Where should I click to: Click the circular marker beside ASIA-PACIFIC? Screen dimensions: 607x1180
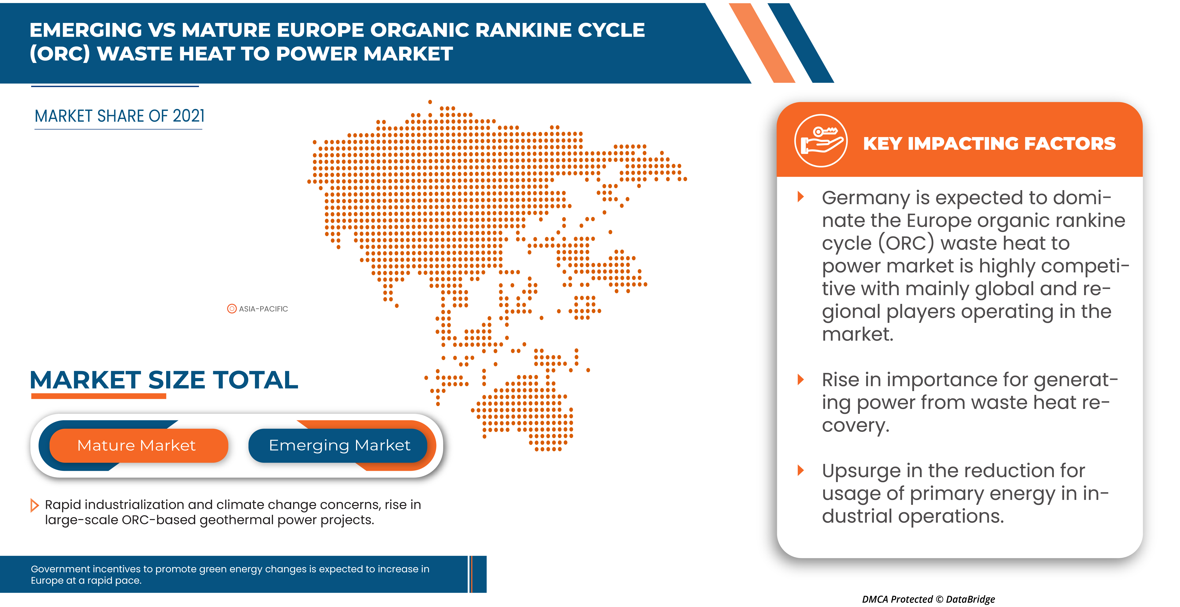[232, 309]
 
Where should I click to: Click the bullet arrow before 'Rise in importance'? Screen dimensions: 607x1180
[801, 380]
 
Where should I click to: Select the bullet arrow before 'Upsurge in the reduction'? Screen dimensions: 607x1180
[801, 470]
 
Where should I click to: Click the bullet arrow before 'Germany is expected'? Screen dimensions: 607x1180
[801, 197]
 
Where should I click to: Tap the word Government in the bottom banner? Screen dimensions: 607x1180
[60, 569]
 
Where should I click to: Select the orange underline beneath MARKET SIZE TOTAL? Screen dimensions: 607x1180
[98, 396]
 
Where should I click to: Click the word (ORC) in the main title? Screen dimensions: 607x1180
[60, 54]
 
